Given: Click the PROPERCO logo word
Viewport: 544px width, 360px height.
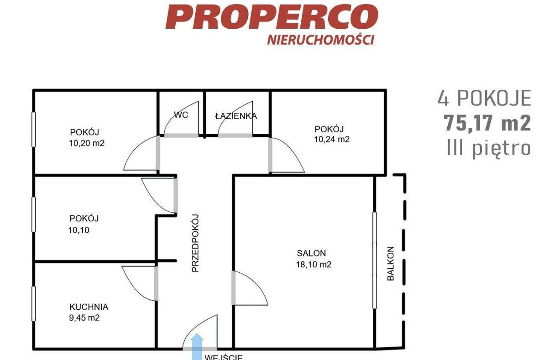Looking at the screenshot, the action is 272,17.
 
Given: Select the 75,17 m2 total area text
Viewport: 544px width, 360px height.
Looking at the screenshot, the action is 487,123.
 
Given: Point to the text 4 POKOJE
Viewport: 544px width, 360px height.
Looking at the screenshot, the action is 484,98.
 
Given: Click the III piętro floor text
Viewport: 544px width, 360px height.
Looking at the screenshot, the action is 489,149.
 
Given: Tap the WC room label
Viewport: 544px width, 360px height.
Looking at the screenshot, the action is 181,115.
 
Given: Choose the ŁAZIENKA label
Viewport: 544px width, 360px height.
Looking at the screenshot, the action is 236,116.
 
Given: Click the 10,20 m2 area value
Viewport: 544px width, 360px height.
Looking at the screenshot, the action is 87,143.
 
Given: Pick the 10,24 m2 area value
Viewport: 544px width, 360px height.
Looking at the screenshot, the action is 332,139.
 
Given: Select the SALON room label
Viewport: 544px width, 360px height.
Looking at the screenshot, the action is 312,253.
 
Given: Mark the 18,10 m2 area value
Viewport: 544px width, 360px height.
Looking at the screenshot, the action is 314,264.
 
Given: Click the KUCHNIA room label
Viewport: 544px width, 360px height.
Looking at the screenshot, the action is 89,307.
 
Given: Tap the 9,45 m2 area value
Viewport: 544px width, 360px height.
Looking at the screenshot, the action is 84,318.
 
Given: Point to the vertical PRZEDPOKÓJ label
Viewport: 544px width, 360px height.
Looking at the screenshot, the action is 195,243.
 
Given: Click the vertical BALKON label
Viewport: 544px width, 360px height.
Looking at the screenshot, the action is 391,263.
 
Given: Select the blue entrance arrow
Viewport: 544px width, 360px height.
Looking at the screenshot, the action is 198,347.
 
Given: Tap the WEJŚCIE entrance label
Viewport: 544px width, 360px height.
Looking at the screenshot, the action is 224,357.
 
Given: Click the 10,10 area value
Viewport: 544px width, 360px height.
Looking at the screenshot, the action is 79,230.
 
